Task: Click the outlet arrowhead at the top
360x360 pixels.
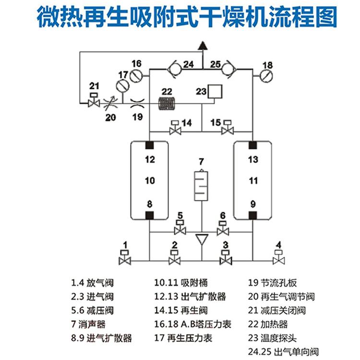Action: (202, 46)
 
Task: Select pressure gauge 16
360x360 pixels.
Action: (136, 76)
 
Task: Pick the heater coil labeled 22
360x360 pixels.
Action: (168, 103)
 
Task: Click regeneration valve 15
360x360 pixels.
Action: (227, 130)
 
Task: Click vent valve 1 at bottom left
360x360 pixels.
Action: (125, 259)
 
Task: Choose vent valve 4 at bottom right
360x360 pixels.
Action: (278, 259)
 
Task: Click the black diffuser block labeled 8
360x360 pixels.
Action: (150, 215)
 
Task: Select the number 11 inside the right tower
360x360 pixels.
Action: (253, 180)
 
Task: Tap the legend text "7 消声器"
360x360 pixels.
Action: (91, 324)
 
